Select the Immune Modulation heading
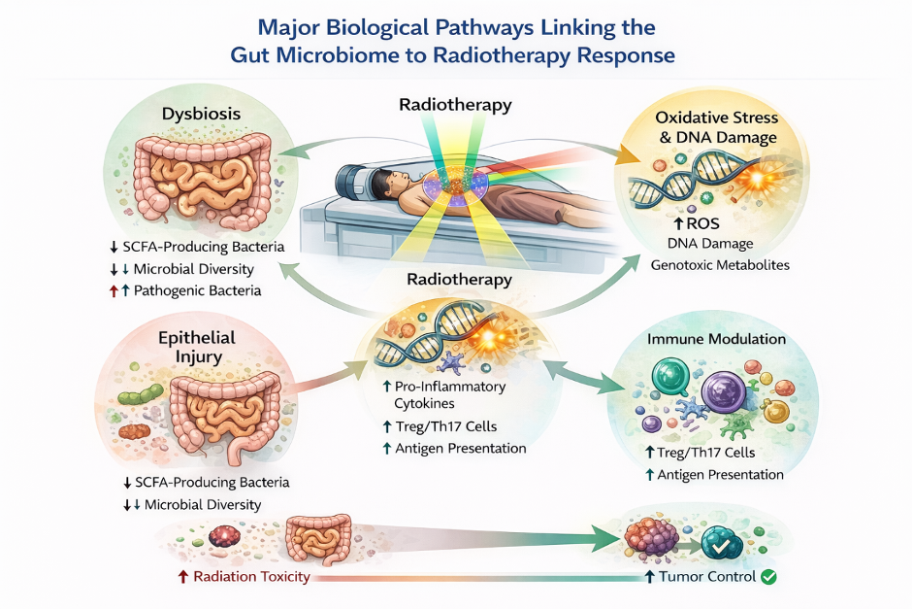tap(716, 340)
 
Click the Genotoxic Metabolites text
tap(720, 264)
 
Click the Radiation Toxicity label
tap(251, 577)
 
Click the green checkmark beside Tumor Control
tap(769, 577)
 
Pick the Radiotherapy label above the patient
tap(455, 105)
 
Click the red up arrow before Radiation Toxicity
tap(182, 577)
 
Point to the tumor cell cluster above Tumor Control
tap(653, 540)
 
